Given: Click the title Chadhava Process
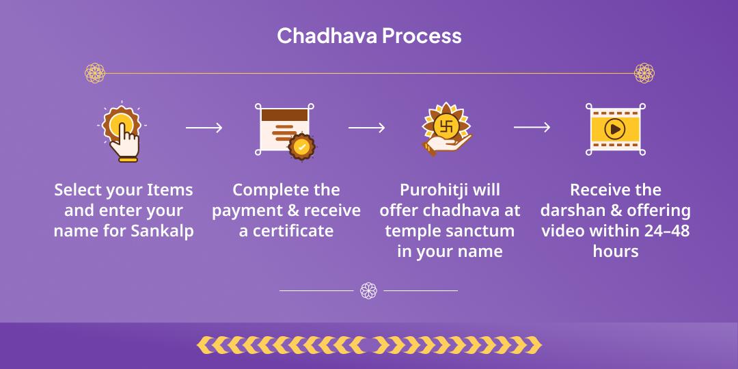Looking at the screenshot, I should (x=369, y=36).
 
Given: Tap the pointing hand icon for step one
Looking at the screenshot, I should (x=122, y=132).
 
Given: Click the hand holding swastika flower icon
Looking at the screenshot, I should (x=448, y=130).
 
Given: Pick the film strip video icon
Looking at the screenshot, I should (x=615, y=129).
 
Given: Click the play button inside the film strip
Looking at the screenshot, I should (x=615, y=128).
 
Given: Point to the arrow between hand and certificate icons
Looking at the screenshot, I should (x=204, y=128).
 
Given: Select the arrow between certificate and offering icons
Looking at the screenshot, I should (x=366, y=128).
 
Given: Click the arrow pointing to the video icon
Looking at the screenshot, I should (x=532, y=128).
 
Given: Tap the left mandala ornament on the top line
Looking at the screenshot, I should (x=95, y=73).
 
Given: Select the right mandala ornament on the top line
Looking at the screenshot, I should (x=644, y=73).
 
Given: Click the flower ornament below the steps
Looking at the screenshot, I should (x=368, y=290).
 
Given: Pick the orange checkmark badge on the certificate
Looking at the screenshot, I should (x=301, y=147).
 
